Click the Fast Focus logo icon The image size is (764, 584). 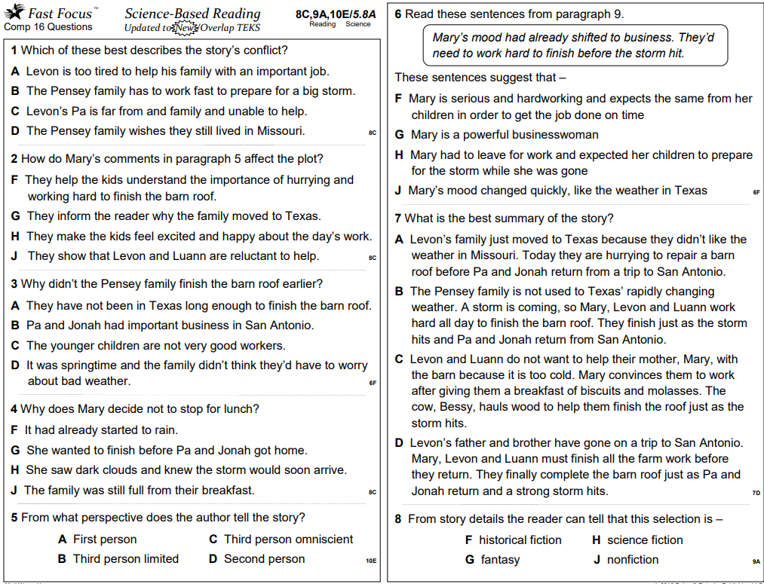[14, 12]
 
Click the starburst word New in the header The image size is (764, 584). [183, 28]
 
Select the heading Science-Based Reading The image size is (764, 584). [192, 14]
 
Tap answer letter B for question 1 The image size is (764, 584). [15, 91]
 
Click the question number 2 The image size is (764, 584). [14, 159]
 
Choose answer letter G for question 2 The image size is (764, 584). [16, 216]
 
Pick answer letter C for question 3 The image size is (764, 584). [15, 346]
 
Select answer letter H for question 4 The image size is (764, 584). [15, 470]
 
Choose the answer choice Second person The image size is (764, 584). [264, 559]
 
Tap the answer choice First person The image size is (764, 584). [105, 540]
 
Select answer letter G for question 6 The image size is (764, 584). [400, 135]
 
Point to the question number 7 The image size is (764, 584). [398, 219]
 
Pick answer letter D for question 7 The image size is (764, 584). [400, 443]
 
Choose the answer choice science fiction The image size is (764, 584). [645, 540]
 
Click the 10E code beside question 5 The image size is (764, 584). [370, 561]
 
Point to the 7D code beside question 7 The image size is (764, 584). [756, 493]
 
